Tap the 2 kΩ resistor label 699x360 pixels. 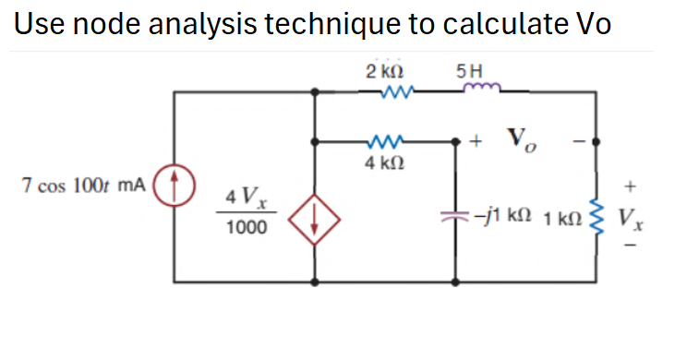[381, 71]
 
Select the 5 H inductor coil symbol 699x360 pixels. [481, 89]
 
